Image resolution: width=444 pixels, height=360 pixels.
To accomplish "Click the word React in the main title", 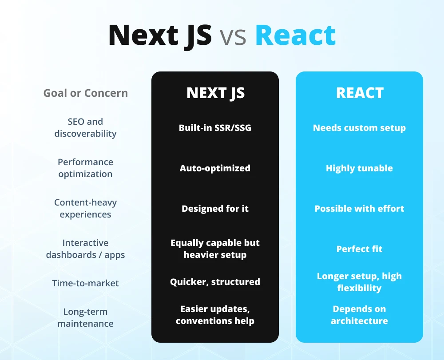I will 295,36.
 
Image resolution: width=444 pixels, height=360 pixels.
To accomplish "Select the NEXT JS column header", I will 215,93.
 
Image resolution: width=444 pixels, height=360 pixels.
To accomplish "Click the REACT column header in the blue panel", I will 360,93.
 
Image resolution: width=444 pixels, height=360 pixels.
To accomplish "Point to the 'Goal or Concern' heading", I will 86,93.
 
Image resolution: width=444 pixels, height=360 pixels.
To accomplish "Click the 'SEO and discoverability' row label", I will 85,127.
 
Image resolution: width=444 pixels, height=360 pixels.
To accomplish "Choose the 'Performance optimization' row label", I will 85,168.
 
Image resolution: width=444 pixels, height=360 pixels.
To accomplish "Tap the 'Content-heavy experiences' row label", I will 85,208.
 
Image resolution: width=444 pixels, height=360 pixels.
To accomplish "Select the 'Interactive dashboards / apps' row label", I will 85,249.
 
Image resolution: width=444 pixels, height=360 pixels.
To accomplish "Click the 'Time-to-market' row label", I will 85,283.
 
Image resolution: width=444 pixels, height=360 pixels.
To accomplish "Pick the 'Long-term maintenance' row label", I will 85,317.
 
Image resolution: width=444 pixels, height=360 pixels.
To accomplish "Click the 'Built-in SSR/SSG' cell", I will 215,128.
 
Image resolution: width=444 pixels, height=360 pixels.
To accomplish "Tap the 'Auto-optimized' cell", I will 215,168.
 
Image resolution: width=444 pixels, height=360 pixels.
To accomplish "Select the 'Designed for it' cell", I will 215,209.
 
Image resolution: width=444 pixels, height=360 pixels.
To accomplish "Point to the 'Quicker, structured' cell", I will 215,282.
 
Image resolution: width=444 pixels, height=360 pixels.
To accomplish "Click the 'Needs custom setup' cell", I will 359,128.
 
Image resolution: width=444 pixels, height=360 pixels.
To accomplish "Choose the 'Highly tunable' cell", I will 359,168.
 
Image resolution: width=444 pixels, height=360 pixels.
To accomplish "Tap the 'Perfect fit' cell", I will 359,249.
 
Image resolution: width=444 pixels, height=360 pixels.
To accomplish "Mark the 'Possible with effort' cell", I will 359,209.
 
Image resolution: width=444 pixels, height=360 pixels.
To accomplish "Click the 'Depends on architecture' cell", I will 359,315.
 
